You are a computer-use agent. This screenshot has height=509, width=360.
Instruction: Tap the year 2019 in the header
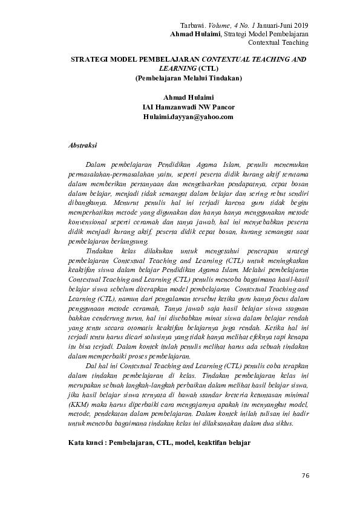pos(298,25)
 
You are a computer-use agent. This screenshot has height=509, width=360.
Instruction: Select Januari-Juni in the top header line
pos(268,25)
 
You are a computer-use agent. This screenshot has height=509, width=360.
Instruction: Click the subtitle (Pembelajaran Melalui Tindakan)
pos(189,78)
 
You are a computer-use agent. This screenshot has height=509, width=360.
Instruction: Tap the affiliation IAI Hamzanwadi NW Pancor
pos(188,107)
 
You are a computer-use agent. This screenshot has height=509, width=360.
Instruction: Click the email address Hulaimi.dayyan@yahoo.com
pos(188,117)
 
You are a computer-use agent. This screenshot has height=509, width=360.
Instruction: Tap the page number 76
pos(304,476)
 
